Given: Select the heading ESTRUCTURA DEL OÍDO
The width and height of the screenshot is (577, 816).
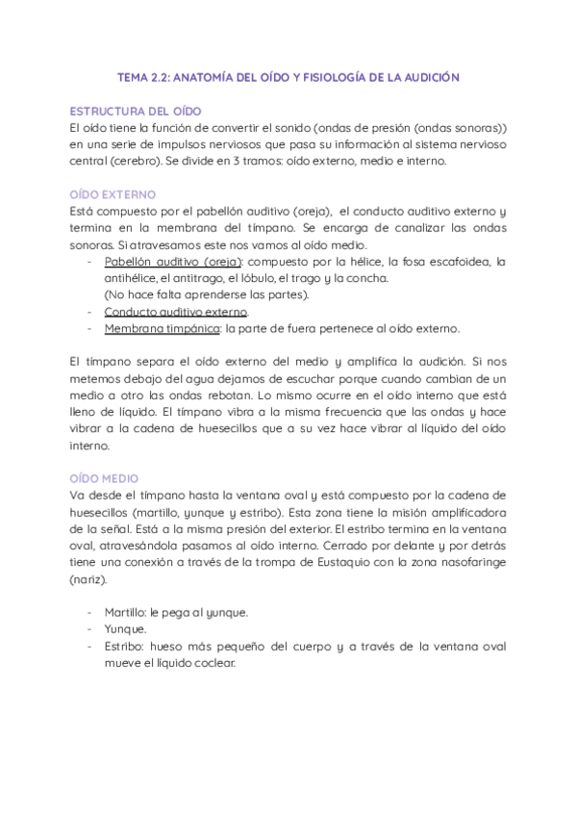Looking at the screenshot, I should click(136, 111).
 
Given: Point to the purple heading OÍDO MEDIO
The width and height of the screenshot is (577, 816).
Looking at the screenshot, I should click(104, 478).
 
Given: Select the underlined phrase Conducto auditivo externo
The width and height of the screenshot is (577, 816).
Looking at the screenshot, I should click(176, 312).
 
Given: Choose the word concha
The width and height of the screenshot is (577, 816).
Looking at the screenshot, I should click(366, 278).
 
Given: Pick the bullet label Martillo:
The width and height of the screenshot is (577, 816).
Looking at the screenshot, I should click(127, 612).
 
